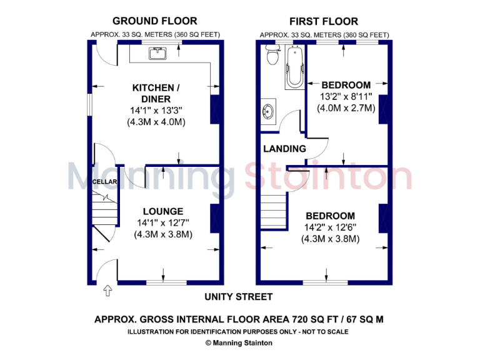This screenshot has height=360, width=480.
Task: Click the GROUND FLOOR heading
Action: (x=154, y=21)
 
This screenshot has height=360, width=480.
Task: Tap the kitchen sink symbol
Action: (x=156, y=53)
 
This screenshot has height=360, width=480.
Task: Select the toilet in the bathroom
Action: (x=272, y=57)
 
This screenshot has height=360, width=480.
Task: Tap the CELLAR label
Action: (x=101, y=182)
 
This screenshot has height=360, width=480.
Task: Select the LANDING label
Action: (x=284, y=149)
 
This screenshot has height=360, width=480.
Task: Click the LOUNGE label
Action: (x=162, y=211)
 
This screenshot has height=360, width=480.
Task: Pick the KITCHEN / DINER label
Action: (x=156, y=93)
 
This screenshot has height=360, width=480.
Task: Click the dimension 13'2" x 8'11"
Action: (x=347, y=96)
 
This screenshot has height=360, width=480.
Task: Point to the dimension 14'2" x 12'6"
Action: (x=330, y=227)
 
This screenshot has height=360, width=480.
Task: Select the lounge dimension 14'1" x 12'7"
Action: (x=162, y=222)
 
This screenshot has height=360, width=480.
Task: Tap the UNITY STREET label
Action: (x=239, y=297)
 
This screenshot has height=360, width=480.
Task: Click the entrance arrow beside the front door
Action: (x=107, y=290)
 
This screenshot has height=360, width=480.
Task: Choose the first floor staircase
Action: (x=274, y=205)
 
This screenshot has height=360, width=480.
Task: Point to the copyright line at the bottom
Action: (x=239, y=342)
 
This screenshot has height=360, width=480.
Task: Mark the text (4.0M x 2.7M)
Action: (x=347, y=107)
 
